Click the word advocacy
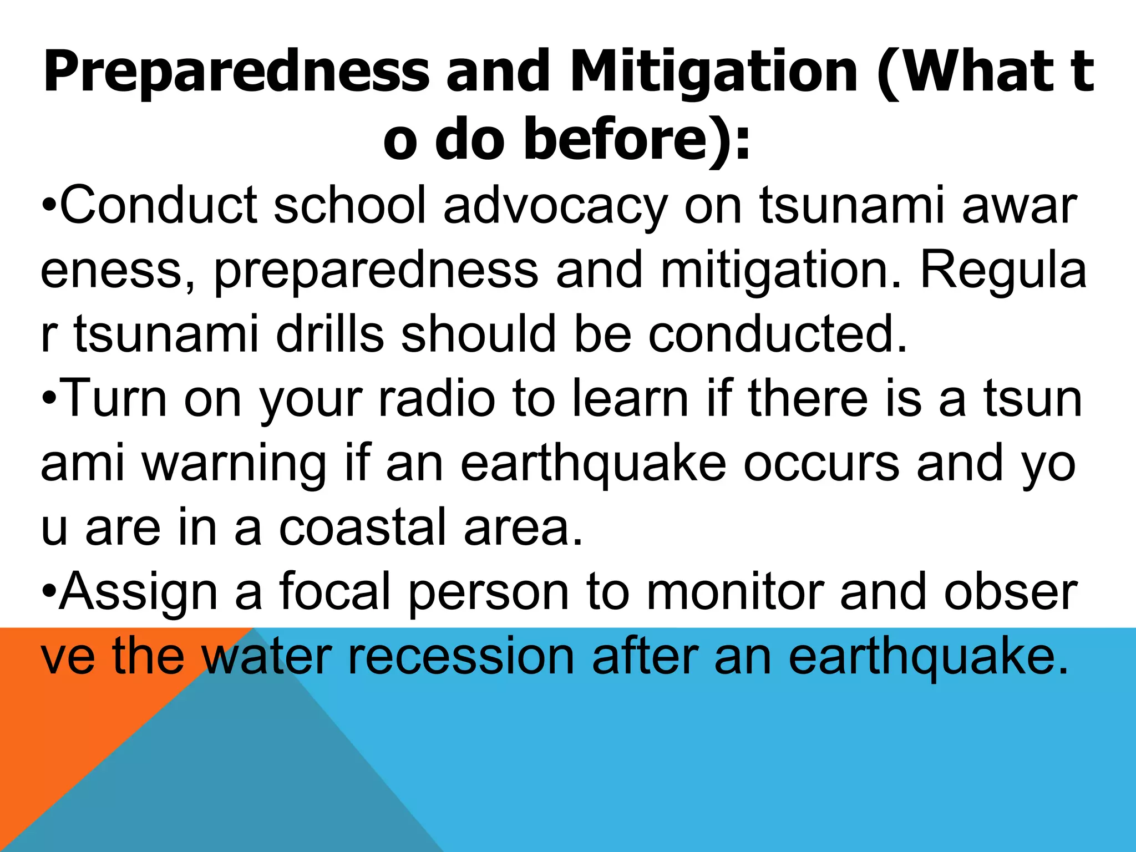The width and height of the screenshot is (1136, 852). pyautogui.click(x=555, y=206)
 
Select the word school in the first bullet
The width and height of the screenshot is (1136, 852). pyautogui.click(x=349, y=206)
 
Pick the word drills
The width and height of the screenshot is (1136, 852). pyautogui.click(x=329, y=334)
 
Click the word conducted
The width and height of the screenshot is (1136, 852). pyautogui.click(x=777, y=334)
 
